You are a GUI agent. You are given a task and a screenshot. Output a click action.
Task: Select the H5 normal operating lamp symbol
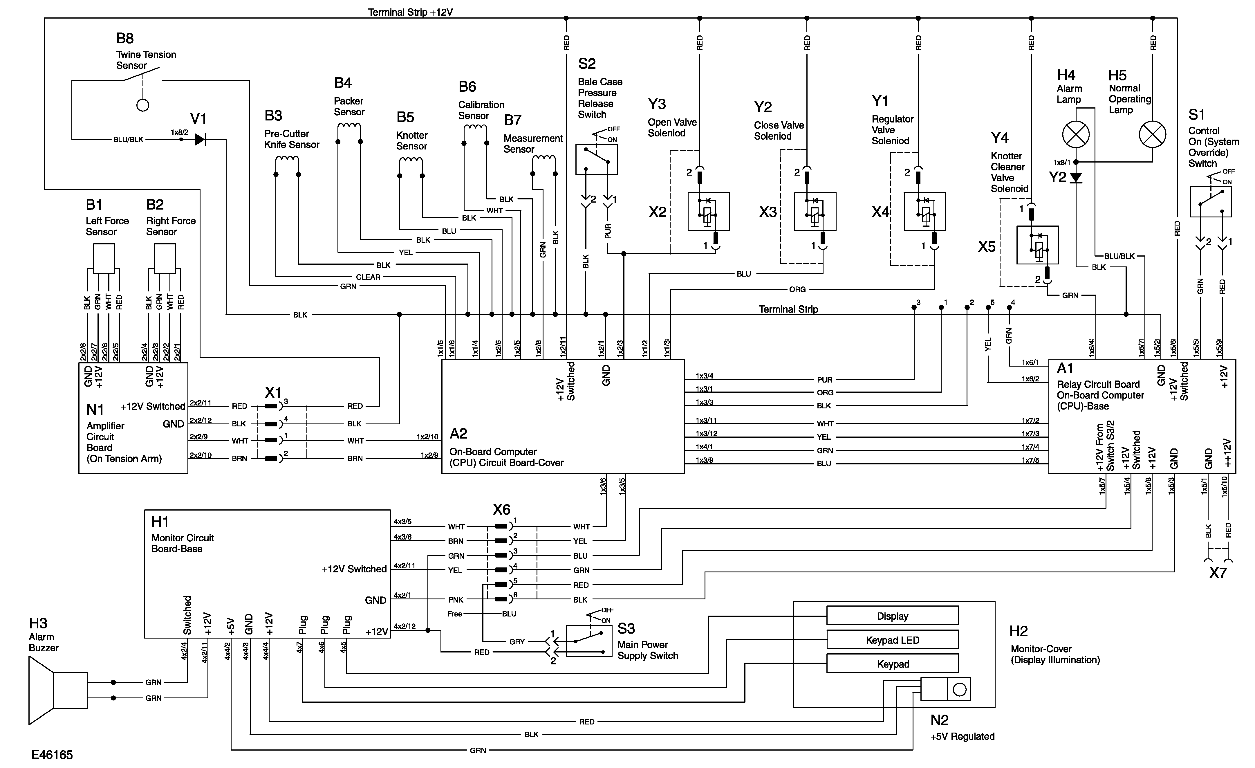1152,135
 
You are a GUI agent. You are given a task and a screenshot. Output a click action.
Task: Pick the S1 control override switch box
1210,202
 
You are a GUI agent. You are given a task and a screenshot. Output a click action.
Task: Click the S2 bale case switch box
596,159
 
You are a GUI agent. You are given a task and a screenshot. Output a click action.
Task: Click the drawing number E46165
52,755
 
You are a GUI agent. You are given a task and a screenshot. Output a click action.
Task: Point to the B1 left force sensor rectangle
104,258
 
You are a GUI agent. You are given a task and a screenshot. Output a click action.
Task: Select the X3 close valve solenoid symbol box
815,212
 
